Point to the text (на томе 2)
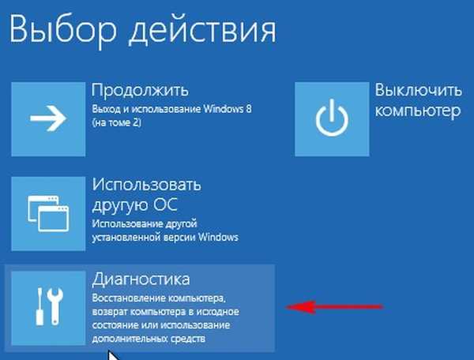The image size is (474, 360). (117, 124)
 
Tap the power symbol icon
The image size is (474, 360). (330, 118)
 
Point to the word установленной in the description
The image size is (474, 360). (126, 237)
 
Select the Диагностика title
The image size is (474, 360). (141, 279)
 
